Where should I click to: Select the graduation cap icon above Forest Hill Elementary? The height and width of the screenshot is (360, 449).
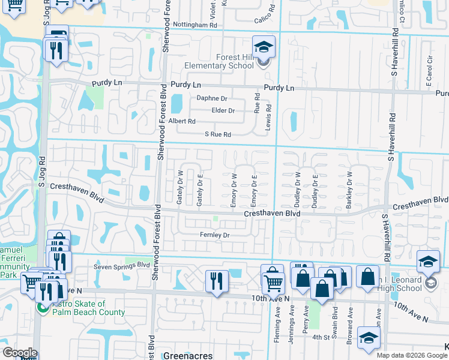point(264,47)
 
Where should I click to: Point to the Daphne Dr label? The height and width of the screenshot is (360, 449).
point(212,98)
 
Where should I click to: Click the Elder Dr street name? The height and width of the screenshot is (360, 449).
point(223,110)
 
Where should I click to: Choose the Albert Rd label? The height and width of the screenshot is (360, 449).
point(182,121)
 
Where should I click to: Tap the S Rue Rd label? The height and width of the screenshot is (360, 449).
point(218,134)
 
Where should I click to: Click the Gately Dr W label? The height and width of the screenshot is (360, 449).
point(179,188)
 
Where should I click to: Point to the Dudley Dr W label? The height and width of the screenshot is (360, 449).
point(297,190)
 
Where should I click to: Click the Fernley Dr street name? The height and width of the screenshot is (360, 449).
point(215,235)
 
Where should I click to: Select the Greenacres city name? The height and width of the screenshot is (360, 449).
point(188,356)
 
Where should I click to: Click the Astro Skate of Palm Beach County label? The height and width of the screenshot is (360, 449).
point(89,308)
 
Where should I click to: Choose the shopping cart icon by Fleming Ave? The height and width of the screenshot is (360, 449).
point(273,281)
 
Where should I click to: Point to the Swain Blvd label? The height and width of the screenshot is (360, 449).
point(335,320)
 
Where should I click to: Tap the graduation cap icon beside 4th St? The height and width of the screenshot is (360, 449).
point(369,338)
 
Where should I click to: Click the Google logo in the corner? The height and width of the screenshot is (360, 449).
point(19,353)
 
